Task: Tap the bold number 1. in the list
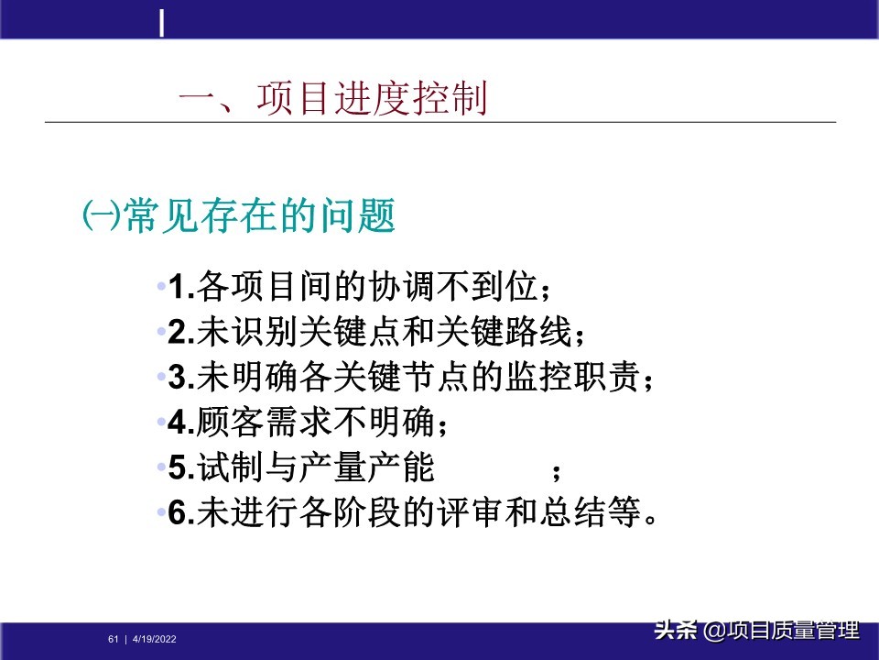[179, 289]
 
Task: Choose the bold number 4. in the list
[179, 423]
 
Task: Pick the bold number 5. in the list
[179, 467]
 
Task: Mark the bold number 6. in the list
[179, 512]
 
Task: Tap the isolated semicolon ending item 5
[556, 471]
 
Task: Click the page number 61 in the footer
[114, 639]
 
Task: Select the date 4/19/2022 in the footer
[155, 639]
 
